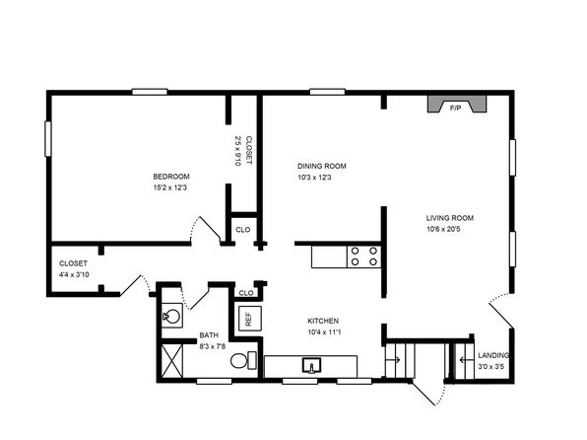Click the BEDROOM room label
[171, 177]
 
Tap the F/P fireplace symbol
[457, 104]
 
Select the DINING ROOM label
[322, 166]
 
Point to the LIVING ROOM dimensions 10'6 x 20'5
[443, 229]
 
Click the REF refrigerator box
[250, 319]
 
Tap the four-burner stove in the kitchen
[363, 257]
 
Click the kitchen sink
[311, 365]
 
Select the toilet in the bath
[243, 360]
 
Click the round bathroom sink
[172, 316]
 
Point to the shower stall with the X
[172, 361]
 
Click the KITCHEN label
[323, 321]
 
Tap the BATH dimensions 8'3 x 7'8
[213, 346]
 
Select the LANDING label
[493, 355]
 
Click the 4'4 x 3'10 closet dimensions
[74, 274]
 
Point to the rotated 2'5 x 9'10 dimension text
[237, 151]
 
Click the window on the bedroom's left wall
[48, 139]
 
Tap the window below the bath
[214, 381]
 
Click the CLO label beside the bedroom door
[243, 230]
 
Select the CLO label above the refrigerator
[246, 293]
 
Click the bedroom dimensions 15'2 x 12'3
[170, 187]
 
